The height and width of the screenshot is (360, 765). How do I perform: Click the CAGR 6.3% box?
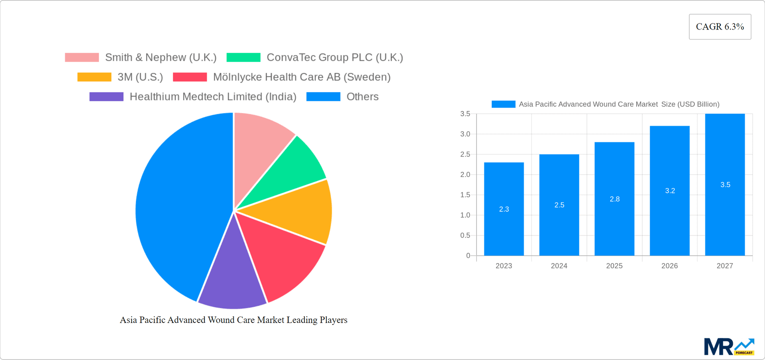click(x=720, y=27)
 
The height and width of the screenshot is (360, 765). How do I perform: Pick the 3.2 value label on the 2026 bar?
click(x=670, y=191)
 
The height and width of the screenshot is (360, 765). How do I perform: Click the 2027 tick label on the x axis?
click(x=724, y=266)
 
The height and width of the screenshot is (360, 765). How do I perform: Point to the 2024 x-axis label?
click(x=559, y=266)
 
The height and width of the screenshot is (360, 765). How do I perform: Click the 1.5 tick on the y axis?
click(x=465, y=195)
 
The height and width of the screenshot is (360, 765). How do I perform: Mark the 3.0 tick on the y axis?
click(x=465, y=134)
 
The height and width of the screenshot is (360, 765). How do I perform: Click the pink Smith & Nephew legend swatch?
click(x=82, y=57)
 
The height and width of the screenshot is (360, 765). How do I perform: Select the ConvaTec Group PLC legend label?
click(x=335, y=57)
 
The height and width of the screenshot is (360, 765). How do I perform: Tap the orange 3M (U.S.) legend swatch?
click(x=94, y=77)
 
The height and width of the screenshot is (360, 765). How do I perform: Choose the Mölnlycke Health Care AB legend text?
click(x=302, y=77)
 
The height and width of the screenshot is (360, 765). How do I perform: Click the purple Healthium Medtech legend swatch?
click(x=106, y=96)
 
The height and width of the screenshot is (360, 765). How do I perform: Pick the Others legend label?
click(x=362, y=96)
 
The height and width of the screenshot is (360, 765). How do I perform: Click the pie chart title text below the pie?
click(x=233, y=320)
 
